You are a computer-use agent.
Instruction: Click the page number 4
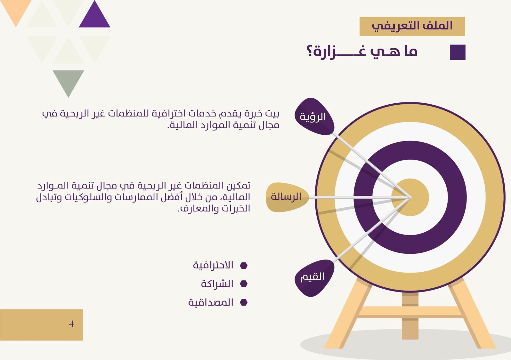71,324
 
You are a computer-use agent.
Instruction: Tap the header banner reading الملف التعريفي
412,27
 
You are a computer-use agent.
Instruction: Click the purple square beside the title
458,52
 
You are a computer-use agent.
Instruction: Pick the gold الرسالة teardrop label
287,197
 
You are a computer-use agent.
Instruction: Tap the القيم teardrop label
314,278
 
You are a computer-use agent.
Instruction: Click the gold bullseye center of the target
410,197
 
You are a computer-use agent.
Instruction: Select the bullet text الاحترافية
213,265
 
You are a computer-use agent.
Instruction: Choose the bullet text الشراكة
217,284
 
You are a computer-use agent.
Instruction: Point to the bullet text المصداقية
211,302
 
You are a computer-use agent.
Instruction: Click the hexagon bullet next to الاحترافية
244,266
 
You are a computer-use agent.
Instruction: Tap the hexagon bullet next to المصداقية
244,302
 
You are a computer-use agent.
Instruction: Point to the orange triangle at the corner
16,10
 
